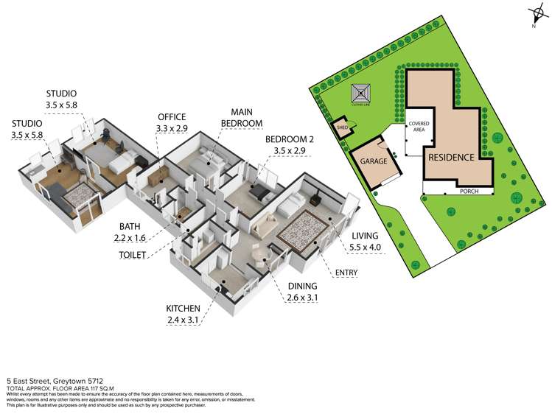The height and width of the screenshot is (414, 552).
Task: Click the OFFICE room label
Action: pyautogui.click(x=171, y=117)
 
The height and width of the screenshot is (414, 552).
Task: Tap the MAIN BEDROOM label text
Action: pyautogui.click(x=242, y=117)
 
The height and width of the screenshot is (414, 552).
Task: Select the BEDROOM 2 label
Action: pyautogui.click(x=289, y=139)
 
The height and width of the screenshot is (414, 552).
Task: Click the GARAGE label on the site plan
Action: pyautogui.click(x=374, y=160)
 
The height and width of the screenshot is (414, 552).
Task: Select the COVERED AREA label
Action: pyautogui.click(x=421, y=127)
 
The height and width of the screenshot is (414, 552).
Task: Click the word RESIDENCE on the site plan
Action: pyautogui.click(x=452, y=157)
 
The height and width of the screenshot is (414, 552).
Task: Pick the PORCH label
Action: pyautogui.click(x=469, y=190)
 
